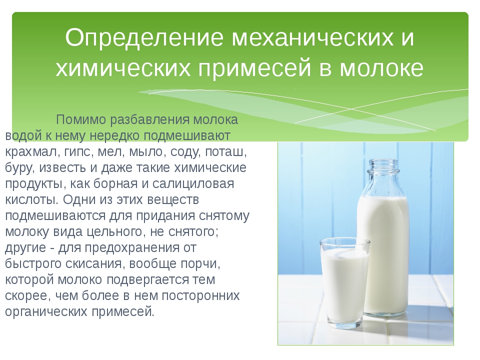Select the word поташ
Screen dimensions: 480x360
(225, 152)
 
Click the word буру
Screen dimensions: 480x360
(19, 168)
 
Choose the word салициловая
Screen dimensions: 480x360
(193, 184)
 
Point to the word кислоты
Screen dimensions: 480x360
(32, 199)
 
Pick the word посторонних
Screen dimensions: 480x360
(200, 295)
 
